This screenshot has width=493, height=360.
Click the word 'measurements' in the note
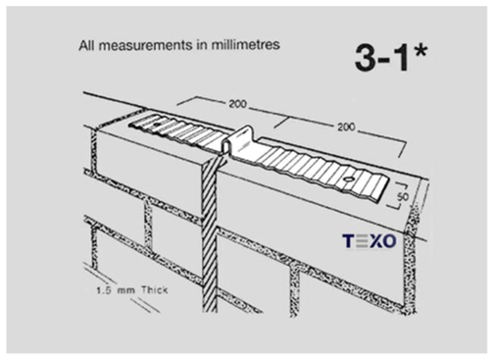[x=146, y=45]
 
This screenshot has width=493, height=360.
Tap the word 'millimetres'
[x=245, y=44]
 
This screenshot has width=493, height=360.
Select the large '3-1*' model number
[x=391, y=58]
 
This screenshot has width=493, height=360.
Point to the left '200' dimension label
[x=238, y=104]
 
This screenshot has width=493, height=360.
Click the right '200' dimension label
[x=346, y=127]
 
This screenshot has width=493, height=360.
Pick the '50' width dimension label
[x=403, y=197]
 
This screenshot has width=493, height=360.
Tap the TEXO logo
[x=370, y=241]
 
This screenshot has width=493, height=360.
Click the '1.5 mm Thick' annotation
[x=132, y=290]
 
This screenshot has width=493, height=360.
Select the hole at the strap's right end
[x=349, y=180]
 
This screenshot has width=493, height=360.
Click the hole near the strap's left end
[x=157, y=125]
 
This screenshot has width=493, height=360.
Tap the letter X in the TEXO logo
[x=372, y=241]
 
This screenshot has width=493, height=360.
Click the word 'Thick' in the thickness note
[x=154, y=290]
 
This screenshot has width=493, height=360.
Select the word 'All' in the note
[x=86, y=45]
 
